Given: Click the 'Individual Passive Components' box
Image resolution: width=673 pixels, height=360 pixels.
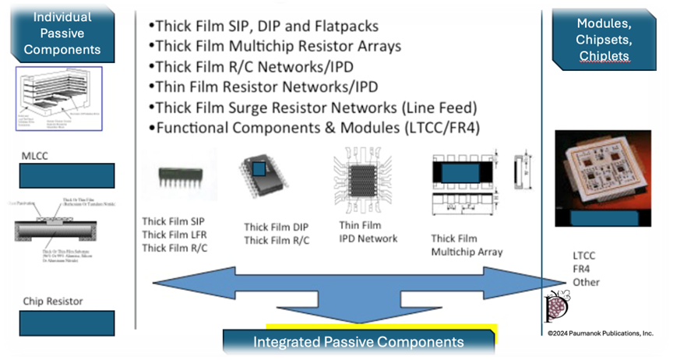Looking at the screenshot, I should [x=62, y=33].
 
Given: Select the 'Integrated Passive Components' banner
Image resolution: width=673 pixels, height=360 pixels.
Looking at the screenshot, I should [x=358, y=341].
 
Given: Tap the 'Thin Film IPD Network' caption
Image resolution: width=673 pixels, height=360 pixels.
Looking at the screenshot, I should [x=368, y=231].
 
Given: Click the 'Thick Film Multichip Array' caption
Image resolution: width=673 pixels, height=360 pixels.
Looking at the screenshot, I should [x=467, y=245].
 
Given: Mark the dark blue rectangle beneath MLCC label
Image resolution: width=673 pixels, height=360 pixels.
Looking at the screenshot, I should [x=66, y=175].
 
